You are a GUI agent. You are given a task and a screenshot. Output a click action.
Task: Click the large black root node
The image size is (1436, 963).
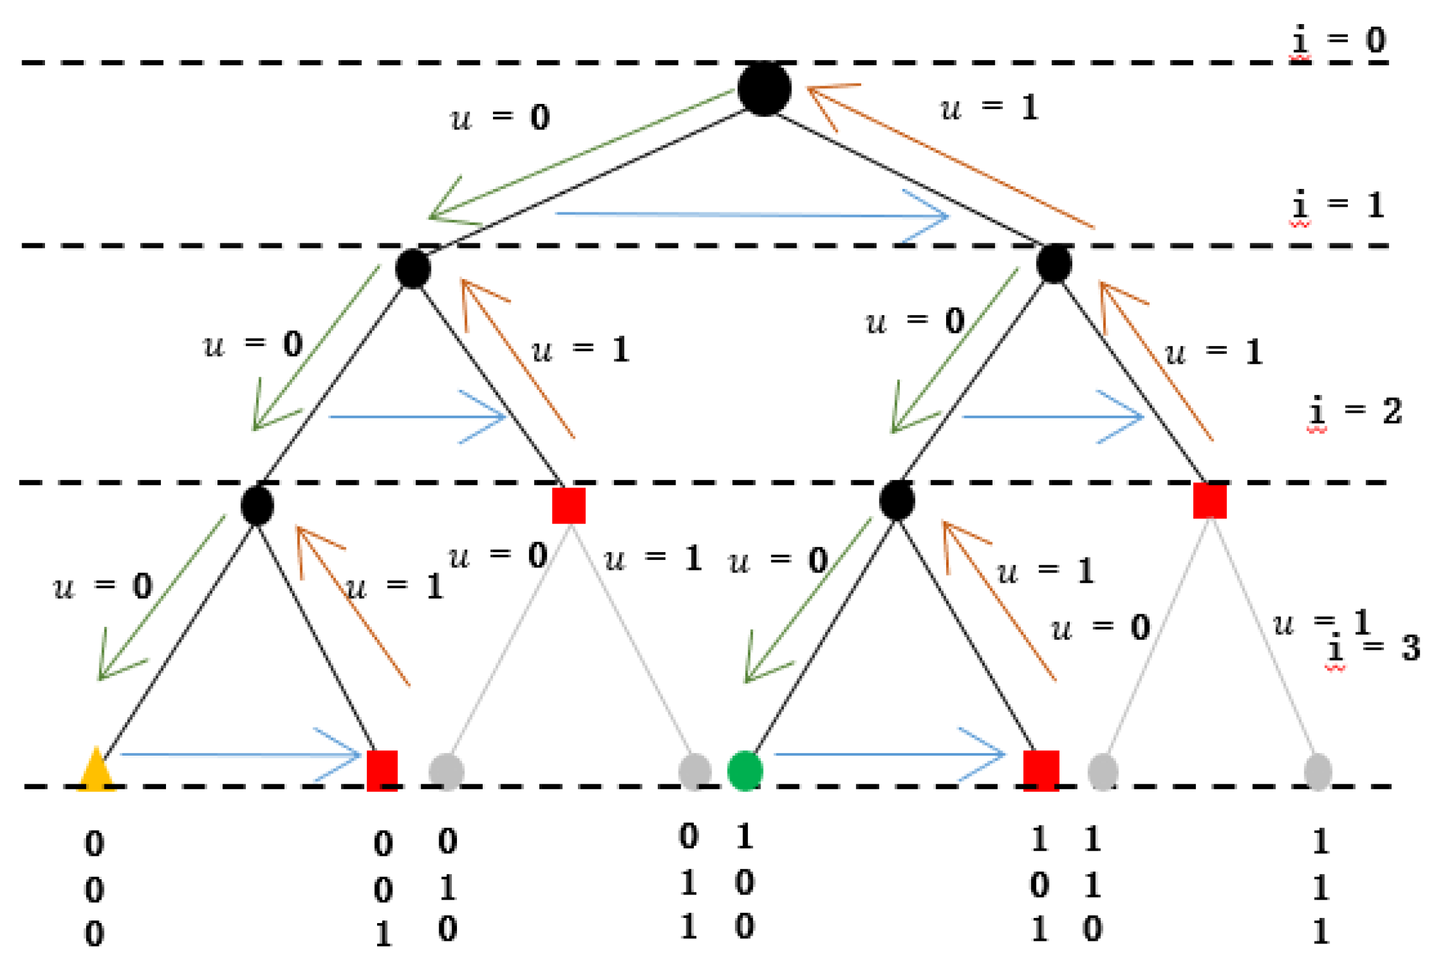(764, 89)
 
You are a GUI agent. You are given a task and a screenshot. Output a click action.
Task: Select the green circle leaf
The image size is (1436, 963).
(745, 771)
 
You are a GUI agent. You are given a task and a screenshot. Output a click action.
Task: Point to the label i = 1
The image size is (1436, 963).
(1338, 205)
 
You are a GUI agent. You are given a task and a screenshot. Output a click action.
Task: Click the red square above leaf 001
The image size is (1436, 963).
(382, 771)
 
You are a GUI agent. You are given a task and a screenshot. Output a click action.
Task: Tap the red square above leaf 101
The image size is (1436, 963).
(1041, 771)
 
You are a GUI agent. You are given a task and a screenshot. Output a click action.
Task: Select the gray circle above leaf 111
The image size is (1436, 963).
(1317, 772)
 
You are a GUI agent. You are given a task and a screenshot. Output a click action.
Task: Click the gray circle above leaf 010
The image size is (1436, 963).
(446, 772)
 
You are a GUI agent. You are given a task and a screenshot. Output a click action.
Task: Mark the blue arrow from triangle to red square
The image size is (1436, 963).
(241, 754)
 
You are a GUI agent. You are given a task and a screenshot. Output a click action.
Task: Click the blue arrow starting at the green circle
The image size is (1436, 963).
(887, 754)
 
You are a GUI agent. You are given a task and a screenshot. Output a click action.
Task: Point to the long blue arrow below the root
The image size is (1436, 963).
(751, 215)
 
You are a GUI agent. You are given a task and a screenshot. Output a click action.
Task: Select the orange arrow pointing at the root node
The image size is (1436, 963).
(951, 155)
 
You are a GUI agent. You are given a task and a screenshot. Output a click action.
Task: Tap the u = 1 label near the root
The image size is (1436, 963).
(989, 108)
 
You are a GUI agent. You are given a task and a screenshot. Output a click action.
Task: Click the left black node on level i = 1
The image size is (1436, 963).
(413, 269)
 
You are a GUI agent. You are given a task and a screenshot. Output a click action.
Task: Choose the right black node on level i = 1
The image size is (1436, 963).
(1053, 263)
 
